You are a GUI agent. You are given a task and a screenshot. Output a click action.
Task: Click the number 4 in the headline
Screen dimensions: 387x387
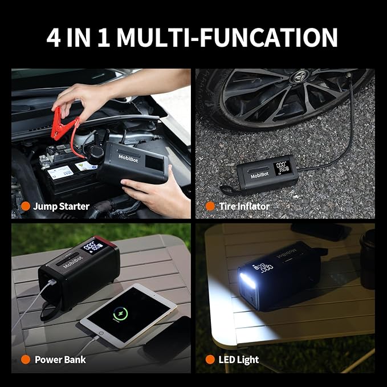56,37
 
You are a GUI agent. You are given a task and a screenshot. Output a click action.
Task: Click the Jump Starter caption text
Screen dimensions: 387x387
61,206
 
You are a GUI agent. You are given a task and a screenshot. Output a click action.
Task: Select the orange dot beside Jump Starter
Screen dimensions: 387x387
25,206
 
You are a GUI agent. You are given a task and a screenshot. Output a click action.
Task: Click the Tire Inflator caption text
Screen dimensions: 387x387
245,206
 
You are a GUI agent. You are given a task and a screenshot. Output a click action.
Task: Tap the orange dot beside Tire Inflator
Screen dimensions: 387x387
210,206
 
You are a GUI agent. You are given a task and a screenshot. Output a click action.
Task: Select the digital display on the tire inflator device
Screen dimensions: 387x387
282,168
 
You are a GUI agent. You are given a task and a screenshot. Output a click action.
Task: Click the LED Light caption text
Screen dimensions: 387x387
239,360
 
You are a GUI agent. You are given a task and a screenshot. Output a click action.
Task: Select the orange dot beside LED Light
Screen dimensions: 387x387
210,360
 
